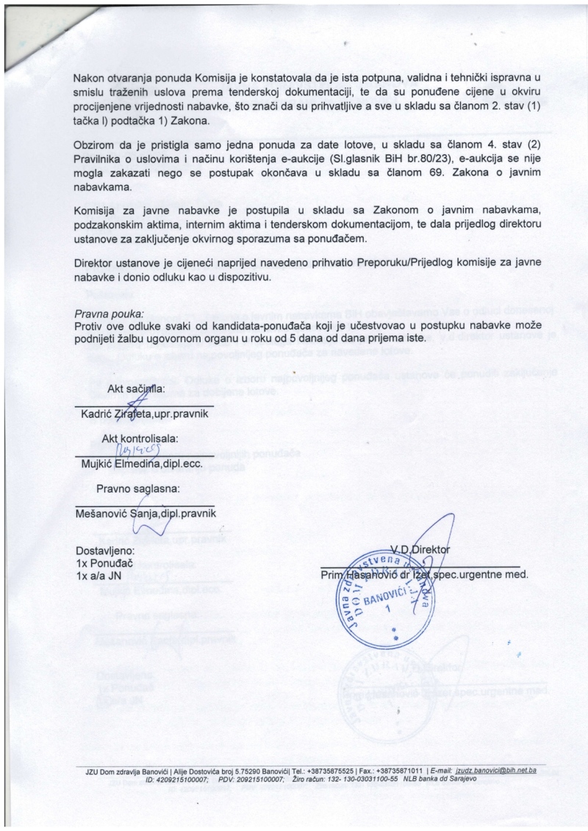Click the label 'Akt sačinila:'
click(137, 388)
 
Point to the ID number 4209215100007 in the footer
click(178, 778)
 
